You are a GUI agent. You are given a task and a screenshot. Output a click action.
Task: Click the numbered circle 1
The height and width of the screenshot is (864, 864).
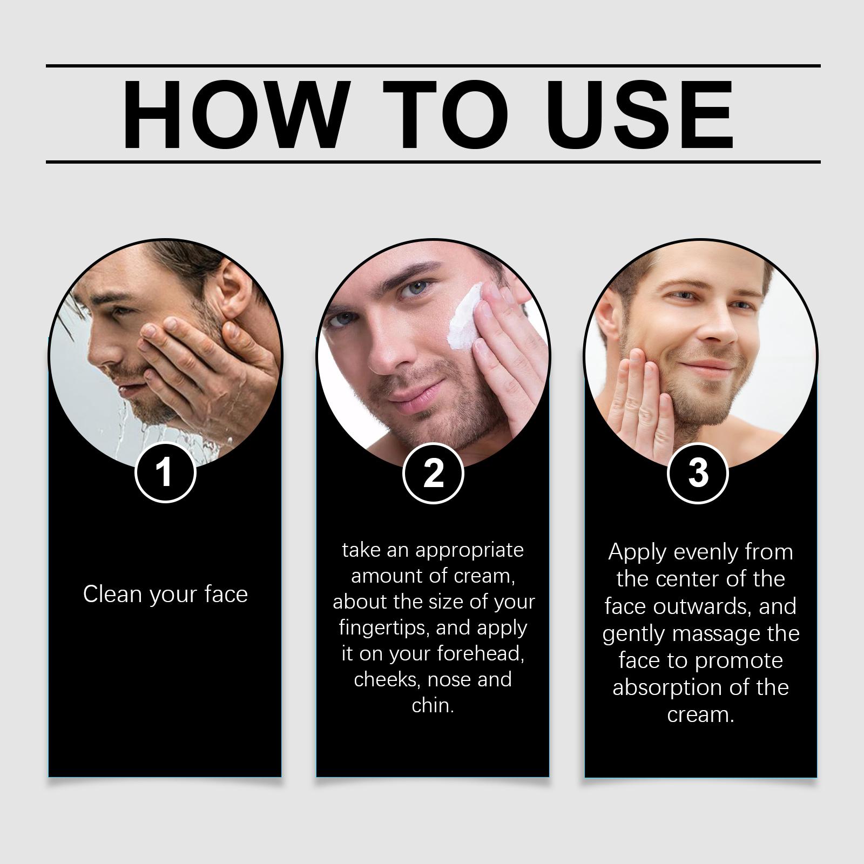coord(165,472)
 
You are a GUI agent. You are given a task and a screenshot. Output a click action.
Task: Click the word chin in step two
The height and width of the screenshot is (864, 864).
coord(432,705)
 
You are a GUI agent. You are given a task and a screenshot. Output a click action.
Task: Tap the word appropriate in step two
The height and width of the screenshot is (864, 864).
coord(469,551)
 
